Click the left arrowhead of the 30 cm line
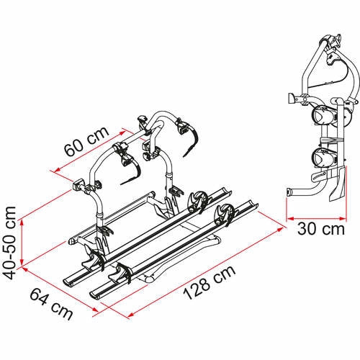click(289, 217)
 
